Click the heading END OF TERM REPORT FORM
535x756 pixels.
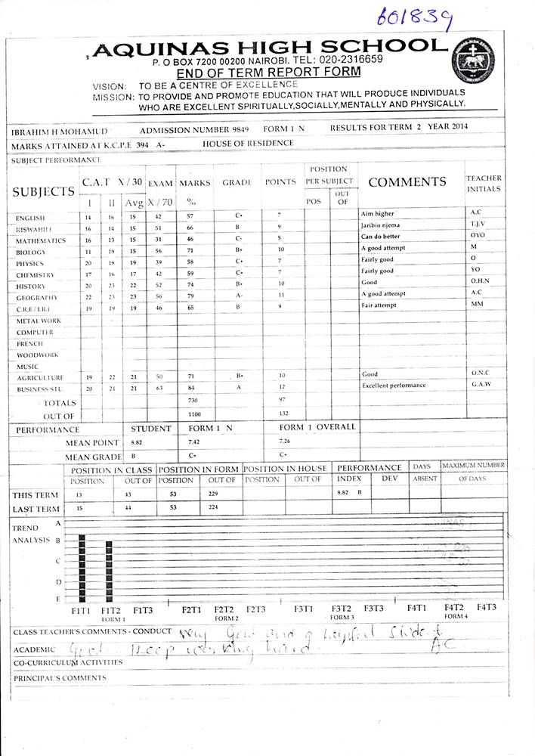click(267, 73)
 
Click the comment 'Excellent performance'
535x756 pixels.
click(394, 386)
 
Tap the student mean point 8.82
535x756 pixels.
click(136, 442)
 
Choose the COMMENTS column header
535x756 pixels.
click(407, 182)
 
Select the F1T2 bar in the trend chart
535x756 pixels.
click(109, 572)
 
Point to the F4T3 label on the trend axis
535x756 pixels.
click(486, 607)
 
